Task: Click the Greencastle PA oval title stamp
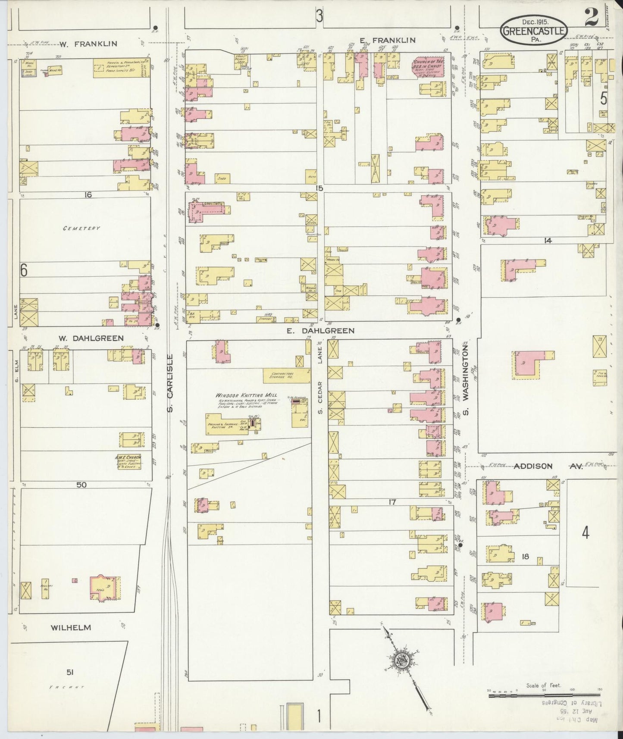click(x=533, y=31)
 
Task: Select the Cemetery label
click(x=81, y=228)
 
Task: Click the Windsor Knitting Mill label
click(x=246, y=395)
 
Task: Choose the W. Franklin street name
click(x=88, y=44)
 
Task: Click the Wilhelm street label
click(x=71, y=627)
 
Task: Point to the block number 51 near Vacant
click(x=70, y=672)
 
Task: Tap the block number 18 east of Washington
click(x=525, y=557)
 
